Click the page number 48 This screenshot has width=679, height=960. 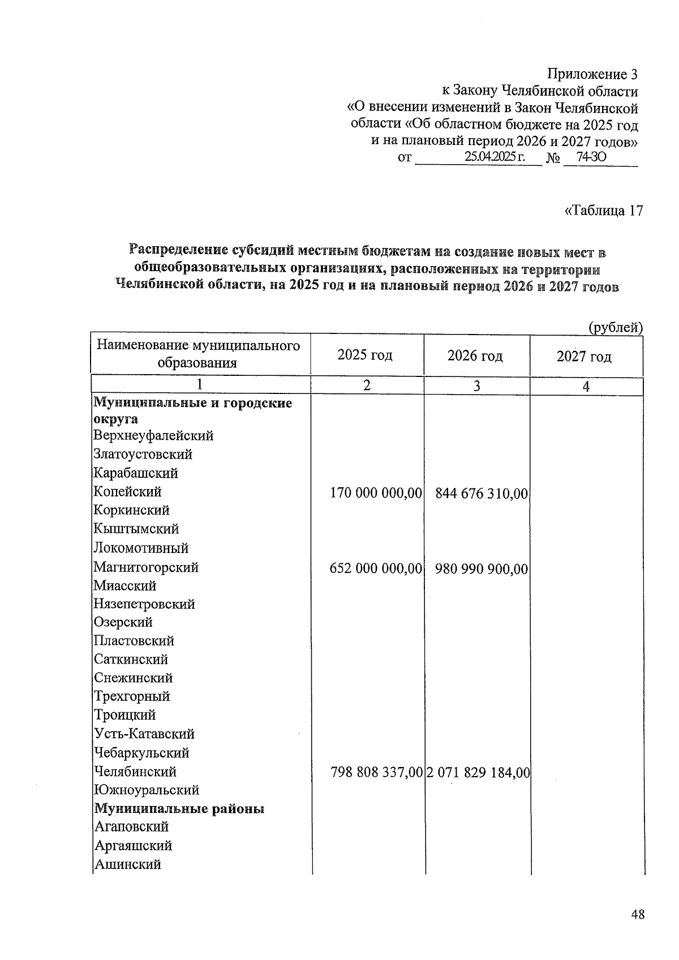(638, 915)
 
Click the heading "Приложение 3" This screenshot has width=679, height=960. (592, 74)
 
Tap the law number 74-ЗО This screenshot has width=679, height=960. (591, 157)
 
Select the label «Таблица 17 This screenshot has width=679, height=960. (604, 211)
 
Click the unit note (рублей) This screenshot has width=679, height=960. (615, 327)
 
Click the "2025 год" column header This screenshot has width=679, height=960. (365, 355)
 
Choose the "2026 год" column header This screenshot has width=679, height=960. (475, 355)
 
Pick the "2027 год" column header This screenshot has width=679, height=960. (584, 356)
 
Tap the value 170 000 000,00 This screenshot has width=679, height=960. (376, 493)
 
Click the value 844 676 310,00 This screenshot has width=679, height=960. (481, 494)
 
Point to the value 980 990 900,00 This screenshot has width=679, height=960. (481, 568)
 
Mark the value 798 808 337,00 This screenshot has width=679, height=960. (376, 772)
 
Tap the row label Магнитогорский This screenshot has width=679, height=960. (146, 567)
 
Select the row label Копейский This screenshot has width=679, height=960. (127, 491)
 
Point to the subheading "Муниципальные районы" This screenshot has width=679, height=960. (179, 809)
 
